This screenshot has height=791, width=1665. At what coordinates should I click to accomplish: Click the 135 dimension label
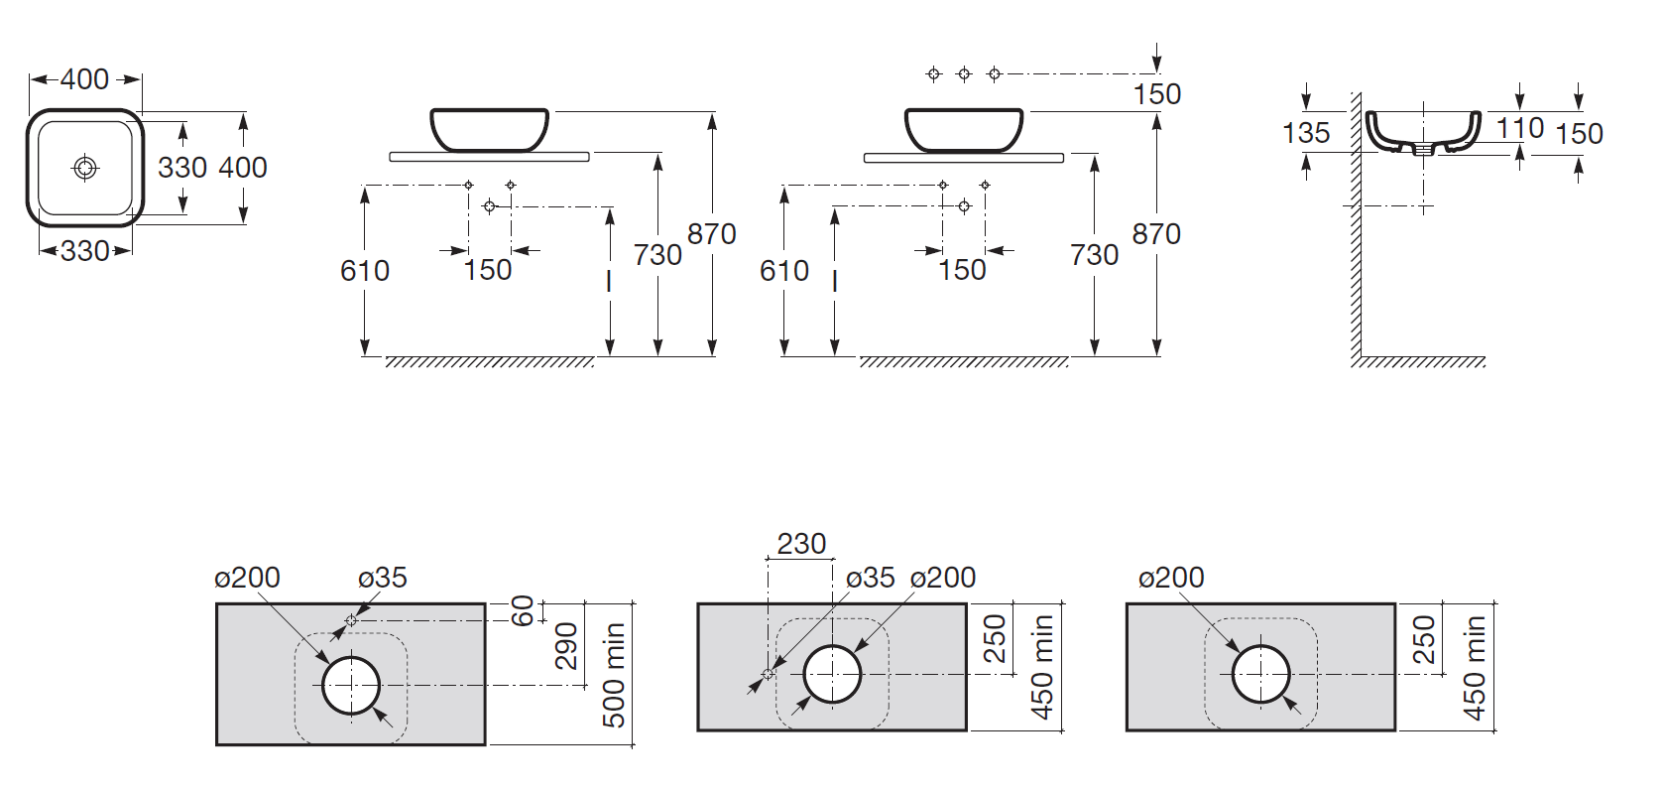click(x=1305, y=133)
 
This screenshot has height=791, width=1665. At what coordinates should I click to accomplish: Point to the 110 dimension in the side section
click(x=1519, y=129)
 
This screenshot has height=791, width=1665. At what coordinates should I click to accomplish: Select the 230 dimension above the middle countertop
click(x=801, y=544)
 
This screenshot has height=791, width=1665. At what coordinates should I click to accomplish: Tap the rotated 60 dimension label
click(x=524, y=610)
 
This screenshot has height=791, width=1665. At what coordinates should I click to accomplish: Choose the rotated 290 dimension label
click(x=566, y=646)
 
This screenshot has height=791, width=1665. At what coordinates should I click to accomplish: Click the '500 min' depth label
click(x=615, y=675)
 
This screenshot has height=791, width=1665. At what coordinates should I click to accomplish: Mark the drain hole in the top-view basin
click(x=84, y=168)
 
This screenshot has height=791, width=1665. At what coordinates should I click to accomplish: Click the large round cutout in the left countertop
click(x=351, y=686)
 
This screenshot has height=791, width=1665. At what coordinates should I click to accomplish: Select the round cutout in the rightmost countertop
click(x=1260, y=674)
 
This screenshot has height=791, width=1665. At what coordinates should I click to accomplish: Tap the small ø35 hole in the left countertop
click(x=352, y=620)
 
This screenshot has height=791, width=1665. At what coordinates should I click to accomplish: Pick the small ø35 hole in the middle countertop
click(x=769, y=674)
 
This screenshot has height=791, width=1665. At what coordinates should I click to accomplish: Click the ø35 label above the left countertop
click(x=382, y=579)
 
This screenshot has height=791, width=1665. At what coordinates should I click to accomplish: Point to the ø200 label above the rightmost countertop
click(x=1171, y=579)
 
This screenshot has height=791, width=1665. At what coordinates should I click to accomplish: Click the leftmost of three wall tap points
click(x=933, y=73)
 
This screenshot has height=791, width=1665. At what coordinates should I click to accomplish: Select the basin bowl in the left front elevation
click(x=489, y=130)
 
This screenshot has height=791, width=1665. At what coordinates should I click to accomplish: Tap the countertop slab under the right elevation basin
click(x=963, y=158)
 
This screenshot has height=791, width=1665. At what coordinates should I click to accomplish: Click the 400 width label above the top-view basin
click(x=84, y=78)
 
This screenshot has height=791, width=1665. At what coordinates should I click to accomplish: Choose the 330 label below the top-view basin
click(x=84, y=251)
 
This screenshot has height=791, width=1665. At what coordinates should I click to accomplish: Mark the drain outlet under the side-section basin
click(x=1423, y=150)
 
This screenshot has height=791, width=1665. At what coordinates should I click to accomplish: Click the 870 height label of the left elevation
click(x=711, y=234)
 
